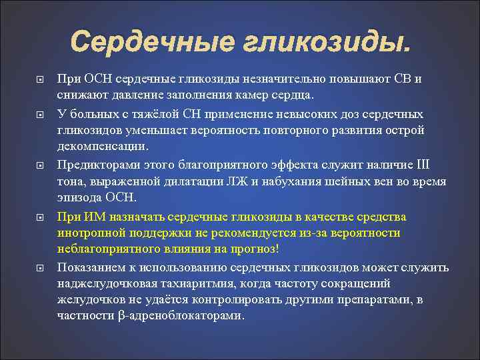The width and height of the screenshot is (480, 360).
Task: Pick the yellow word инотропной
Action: click(93, 233)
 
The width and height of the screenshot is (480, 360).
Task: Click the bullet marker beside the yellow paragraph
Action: click(40, 217)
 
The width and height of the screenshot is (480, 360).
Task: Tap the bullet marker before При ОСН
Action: click(40, 79)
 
